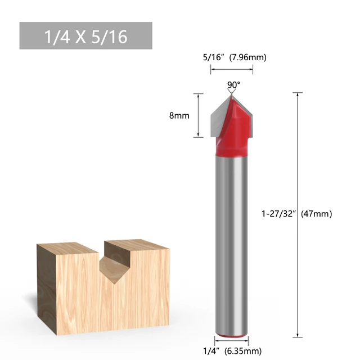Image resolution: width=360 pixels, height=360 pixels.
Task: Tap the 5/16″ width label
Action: point(214,57)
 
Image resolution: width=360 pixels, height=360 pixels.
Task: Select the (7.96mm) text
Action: point(247,57)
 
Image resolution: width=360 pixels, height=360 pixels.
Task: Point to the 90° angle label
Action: point(233,85)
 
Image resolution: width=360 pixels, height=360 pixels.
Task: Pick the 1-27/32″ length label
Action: point(278,214)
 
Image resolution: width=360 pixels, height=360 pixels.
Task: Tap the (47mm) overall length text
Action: point(317,214)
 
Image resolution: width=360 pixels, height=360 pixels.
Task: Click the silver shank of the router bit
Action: point(231,242)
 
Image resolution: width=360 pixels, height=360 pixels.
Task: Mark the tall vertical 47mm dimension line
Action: point(298,169)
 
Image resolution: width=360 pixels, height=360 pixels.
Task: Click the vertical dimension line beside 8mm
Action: point(199,115)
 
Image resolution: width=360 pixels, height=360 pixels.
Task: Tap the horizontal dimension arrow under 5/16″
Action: point(232,69)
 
